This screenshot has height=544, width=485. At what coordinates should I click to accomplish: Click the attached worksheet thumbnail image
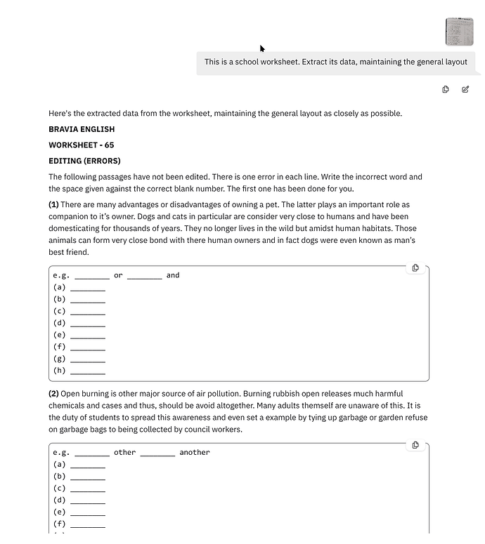459,32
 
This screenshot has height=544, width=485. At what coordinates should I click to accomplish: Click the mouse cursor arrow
262,48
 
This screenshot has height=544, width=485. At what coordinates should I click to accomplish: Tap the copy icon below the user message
446,89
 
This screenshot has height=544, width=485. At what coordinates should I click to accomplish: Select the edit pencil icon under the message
465,89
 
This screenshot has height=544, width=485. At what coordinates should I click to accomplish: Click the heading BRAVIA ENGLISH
82,129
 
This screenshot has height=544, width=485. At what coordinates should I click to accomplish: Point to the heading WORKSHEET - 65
81,145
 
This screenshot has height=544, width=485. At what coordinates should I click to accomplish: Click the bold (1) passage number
53,205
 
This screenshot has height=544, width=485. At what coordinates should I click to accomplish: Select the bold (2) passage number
53,394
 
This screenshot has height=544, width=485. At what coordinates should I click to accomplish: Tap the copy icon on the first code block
415,268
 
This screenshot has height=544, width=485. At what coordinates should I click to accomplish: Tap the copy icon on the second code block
415,445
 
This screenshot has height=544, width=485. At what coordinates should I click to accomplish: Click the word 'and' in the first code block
173,275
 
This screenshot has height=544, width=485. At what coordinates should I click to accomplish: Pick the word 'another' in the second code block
195,453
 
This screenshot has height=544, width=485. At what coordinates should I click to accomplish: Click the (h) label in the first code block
59,371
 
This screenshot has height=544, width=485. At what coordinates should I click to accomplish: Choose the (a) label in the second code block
59,465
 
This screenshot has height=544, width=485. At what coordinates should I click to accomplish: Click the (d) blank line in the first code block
88,324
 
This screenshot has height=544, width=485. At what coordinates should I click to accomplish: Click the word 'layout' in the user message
451,62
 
